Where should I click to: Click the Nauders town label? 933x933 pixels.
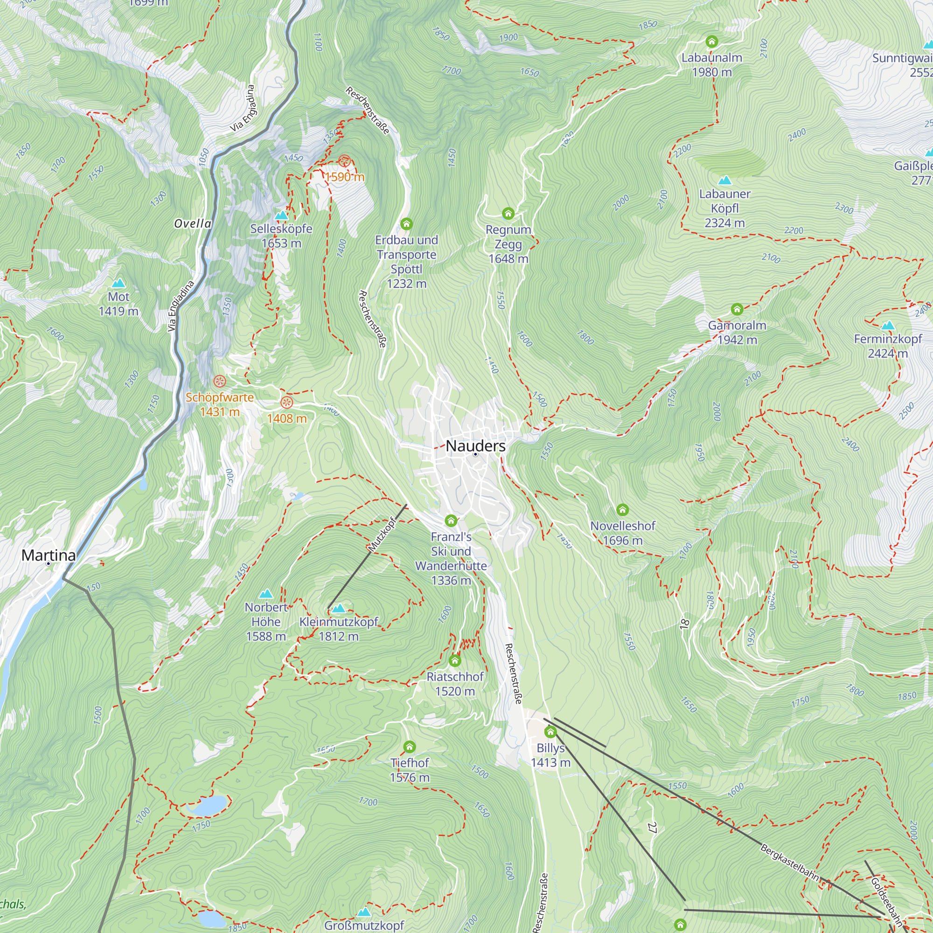tap(475, 446)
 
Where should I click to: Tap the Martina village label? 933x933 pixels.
tap(49, 555)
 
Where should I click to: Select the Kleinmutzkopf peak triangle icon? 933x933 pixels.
tap(339, 608)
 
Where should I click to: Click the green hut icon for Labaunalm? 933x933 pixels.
tap(711, 42)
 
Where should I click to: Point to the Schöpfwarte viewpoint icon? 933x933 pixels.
tap(220, 381)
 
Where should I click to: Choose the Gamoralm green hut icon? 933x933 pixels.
tap(737, 309)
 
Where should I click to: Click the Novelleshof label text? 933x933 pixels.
tap(622, 526)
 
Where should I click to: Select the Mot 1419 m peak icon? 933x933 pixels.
tap(118, 283)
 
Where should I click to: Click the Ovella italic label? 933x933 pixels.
tap(193, 223)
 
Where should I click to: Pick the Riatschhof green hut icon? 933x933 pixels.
tap(454, 660)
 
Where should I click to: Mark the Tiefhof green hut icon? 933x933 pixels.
tap(410, 746)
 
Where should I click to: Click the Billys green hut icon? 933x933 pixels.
tap(550, 732)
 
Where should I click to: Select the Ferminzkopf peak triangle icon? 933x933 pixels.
tap(888, 325)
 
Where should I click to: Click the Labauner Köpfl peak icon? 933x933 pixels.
tap(724, 180)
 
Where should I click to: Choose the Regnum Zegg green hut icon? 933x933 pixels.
tap(508, 213)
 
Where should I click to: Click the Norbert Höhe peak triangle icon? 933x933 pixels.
tap(265, 593)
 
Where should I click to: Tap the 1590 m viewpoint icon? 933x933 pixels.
tap(344, 161)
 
